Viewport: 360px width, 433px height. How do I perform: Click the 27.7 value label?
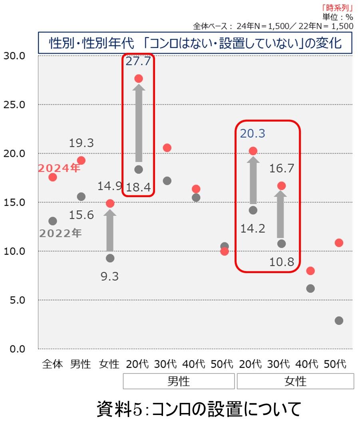point(138,61)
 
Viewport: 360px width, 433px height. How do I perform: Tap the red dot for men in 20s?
point(139,78)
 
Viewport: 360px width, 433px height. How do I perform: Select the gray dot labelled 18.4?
point(139,170)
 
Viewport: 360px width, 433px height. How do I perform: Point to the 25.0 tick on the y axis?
point(14,104)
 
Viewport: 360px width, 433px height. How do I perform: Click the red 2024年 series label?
point(59,168)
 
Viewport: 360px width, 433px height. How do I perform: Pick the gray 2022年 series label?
point(60,233)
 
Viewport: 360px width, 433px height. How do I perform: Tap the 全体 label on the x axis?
point(52,364)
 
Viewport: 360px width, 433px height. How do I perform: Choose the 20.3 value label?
point(253,134)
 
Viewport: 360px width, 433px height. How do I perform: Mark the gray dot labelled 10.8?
point(282,243)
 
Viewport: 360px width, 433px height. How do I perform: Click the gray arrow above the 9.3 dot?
point(110,231)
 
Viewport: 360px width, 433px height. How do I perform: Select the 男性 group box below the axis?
point(179,381)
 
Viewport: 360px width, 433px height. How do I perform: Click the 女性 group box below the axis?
point(295,381)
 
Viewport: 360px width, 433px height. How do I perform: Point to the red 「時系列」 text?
point(337,8)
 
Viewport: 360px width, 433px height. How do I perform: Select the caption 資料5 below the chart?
point(199,409)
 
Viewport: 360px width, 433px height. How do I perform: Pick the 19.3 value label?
point(81,143)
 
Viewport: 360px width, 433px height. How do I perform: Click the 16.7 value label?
point(282,168)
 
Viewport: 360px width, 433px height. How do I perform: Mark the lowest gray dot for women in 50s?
point(339,321)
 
